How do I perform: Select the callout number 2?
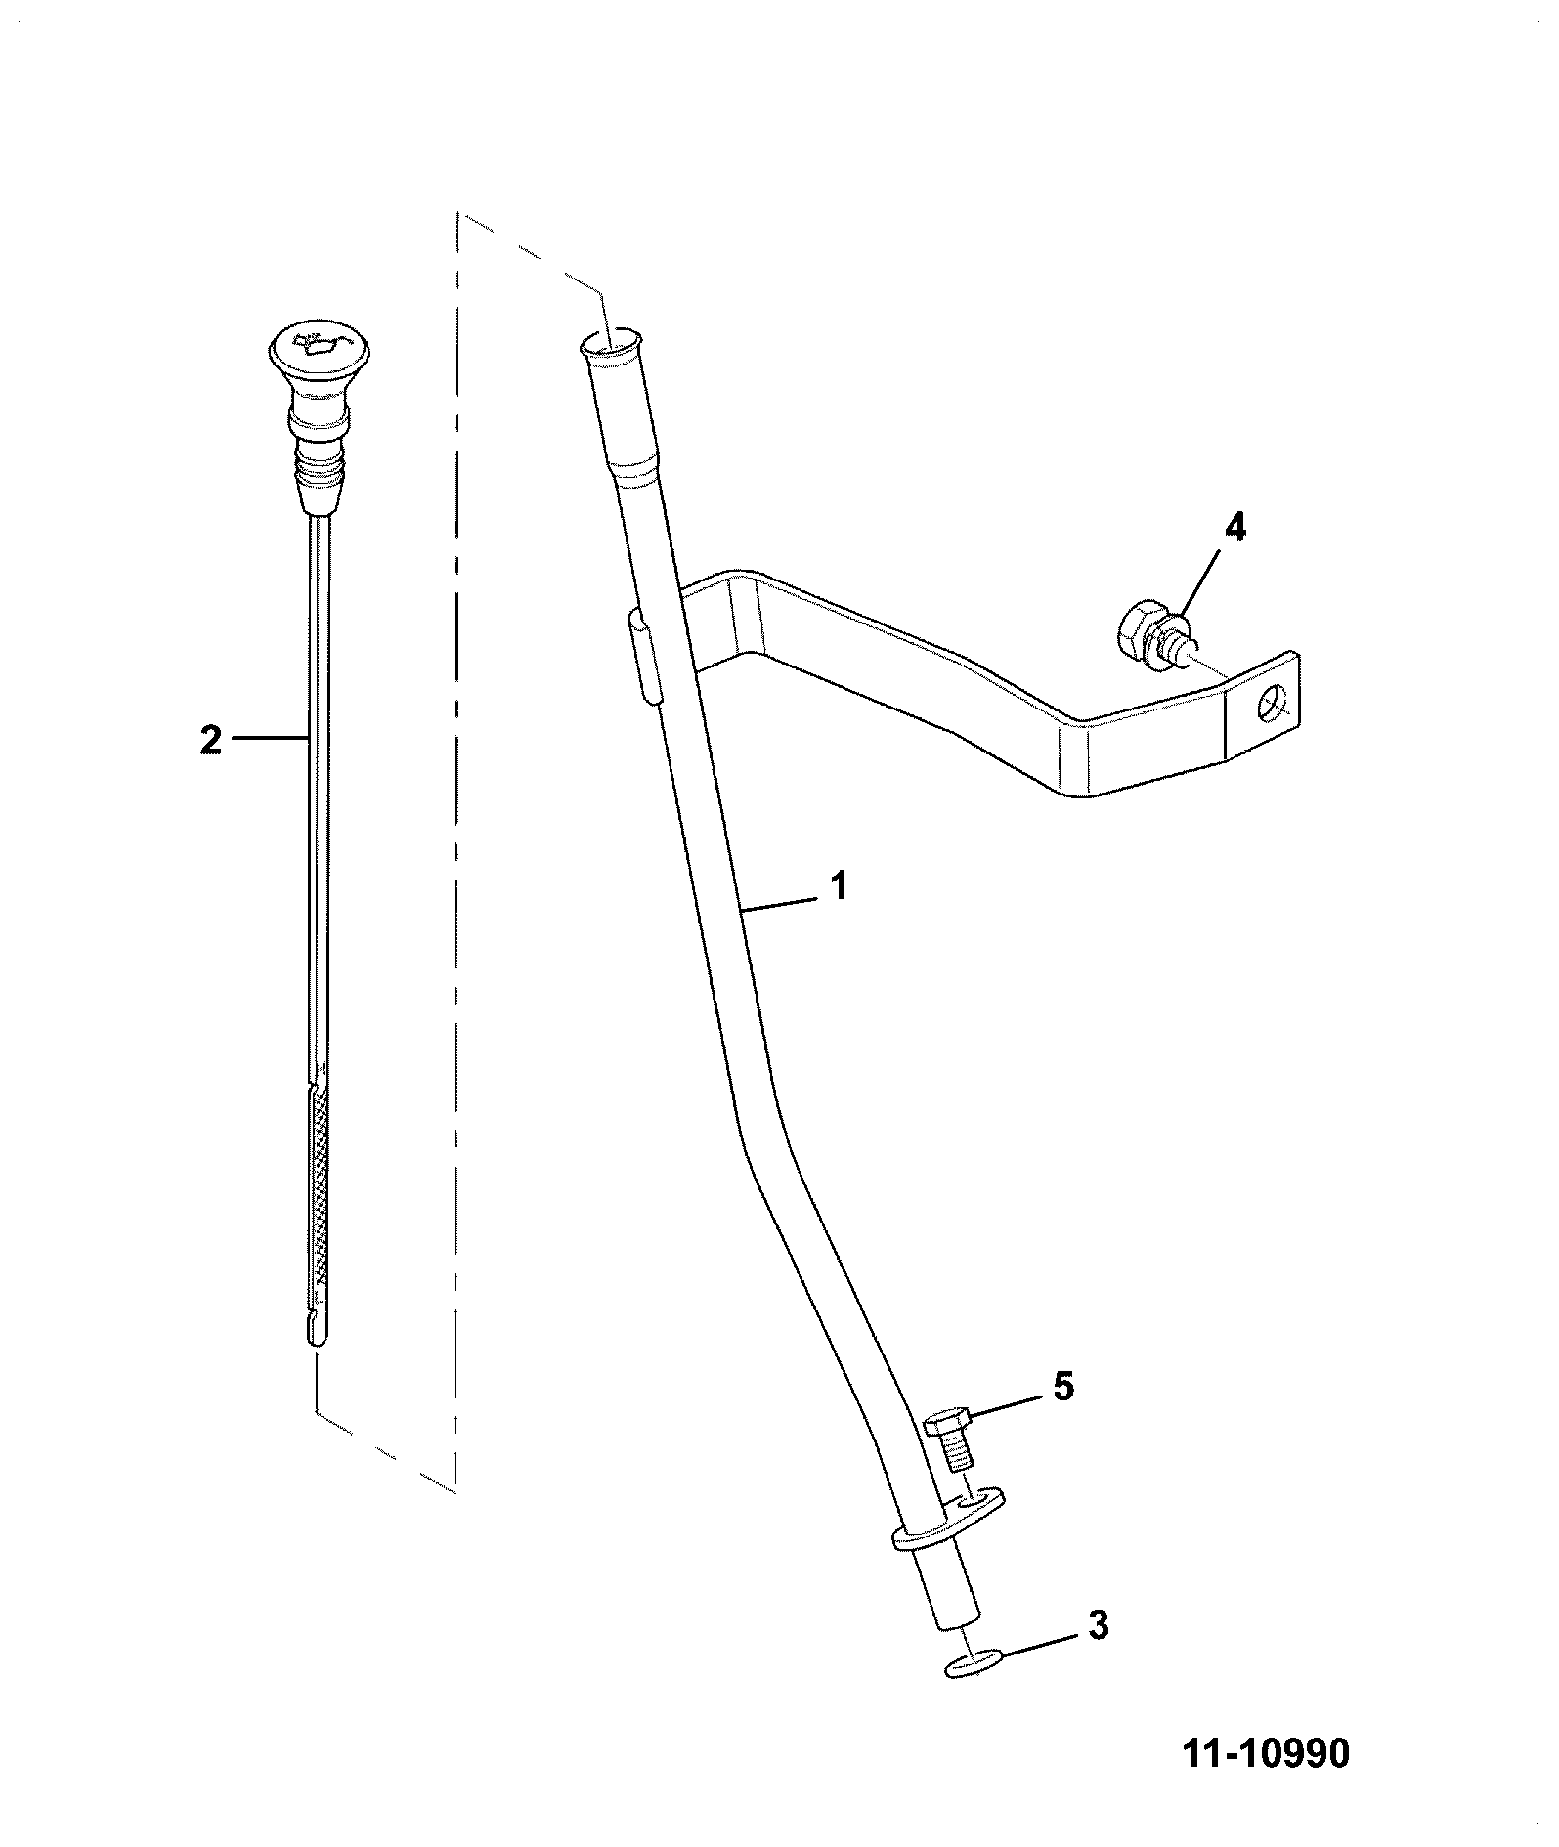point(211,740)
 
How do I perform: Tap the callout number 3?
point(1098,1626)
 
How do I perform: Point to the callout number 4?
point(1235,528)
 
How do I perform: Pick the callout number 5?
point(1062,1386)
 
